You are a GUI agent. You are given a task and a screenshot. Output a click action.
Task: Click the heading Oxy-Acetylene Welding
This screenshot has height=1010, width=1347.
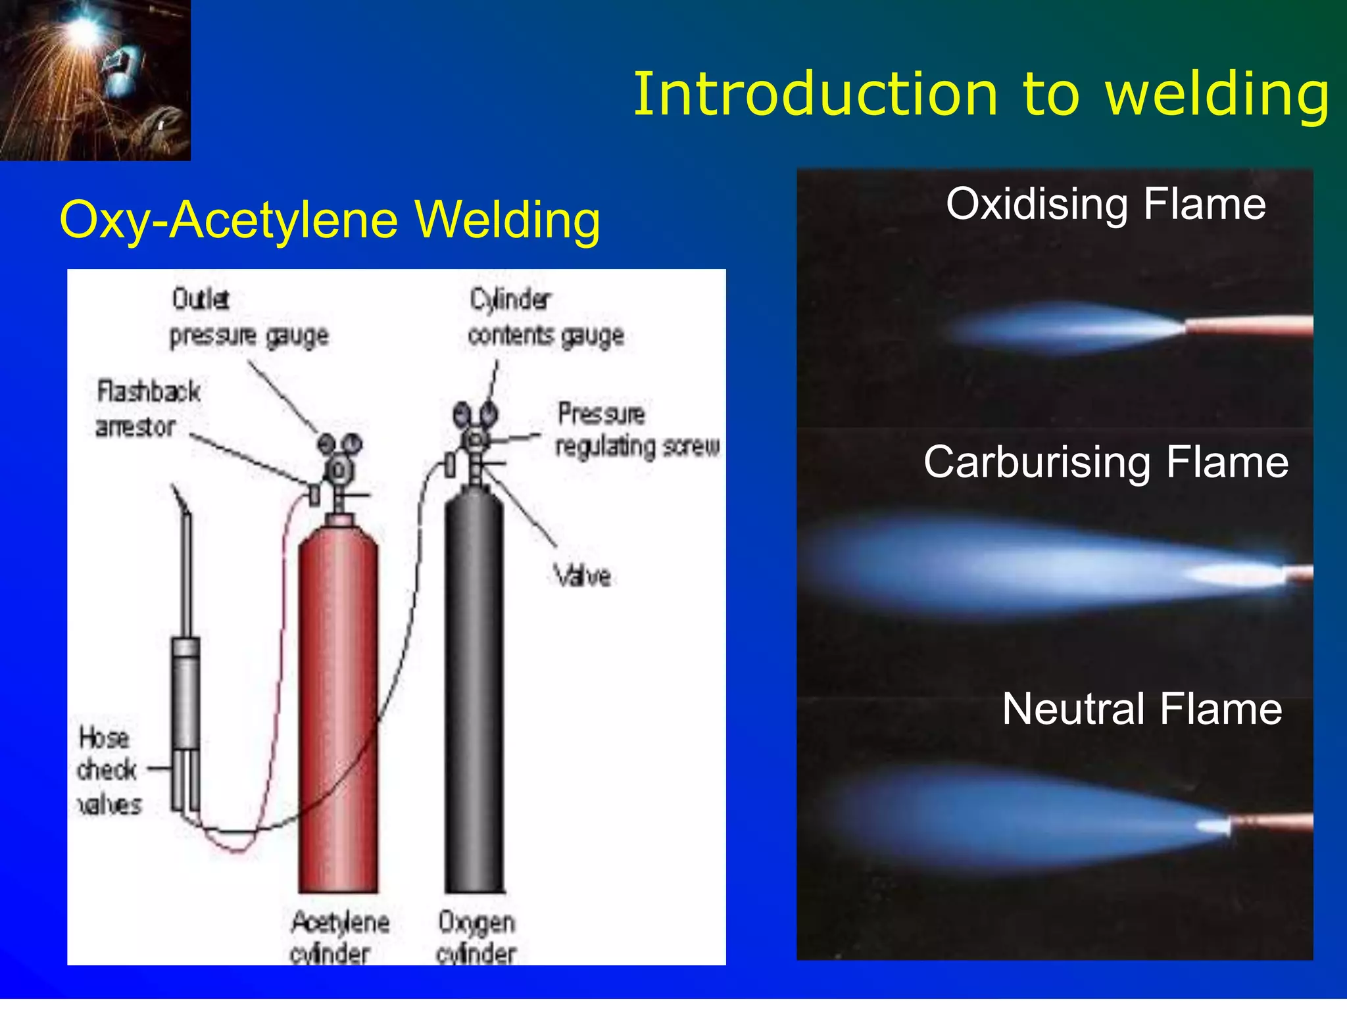(x=330, y=220)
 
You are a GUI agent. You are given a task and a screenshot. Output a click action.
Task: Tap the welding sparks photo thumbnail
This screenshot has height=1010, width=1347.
(x=95, y=80)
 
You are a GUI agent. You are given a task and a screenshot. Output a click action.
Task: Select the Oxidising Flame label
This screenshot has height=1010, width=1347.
(x=1106, y=204)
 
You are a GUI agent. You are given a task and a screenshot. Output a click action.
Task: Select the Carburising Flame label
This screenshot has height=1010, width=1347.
(x=1106, y=462)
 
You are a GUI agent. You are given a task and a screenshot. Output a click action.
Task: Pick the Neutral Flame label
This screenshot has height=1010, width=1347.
(x=1142, y=709)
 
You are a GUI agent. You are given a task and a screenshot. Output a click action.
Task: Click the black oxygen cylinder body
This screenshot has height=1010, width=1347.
(x=475, y=697)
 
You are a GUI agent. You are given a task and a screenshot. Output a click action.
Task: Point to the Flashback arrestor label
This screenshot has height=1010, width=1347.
(x=147, y=409)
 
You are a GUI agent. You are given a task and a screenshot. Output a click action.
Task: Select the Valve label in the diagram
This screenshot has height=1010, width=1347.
(x=582, y=576)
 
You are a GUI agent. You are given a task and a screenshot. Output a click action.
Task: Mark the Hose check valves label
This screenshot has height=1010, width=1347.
(x=109, y=771)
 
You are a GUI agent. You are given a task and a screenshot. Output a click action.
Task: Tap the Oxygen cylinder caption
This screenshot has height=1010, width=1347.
(x=476, y=938)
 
